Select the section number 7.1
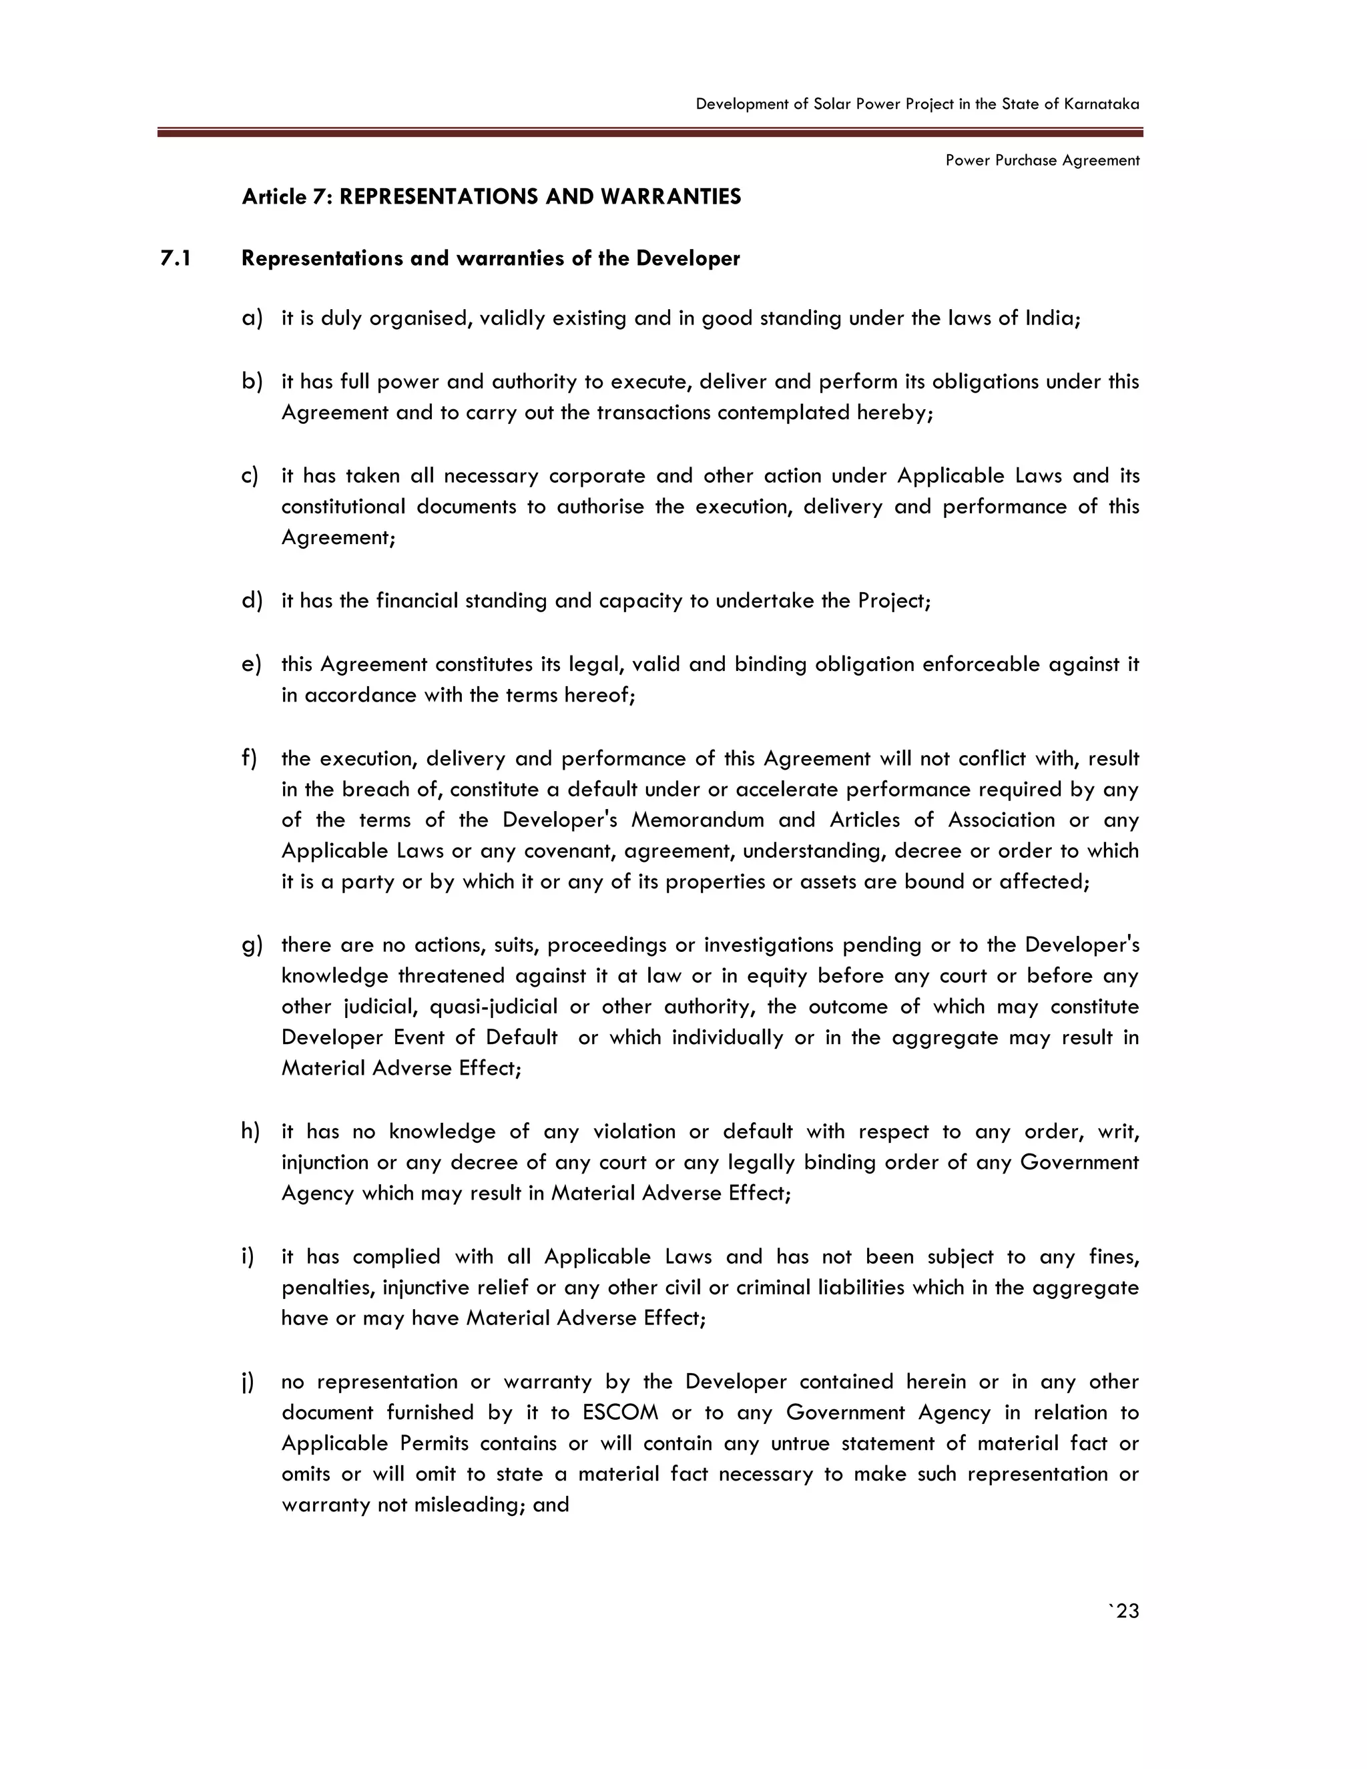[x=176, y=258]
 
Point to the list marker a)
[x=252, y=318]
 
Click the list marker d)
[x=252, y=600]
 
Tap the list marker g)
[x=252, y=945]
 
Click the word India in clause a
[x=1052, y=318]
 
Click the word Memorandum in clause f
[x=698, y=820]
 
